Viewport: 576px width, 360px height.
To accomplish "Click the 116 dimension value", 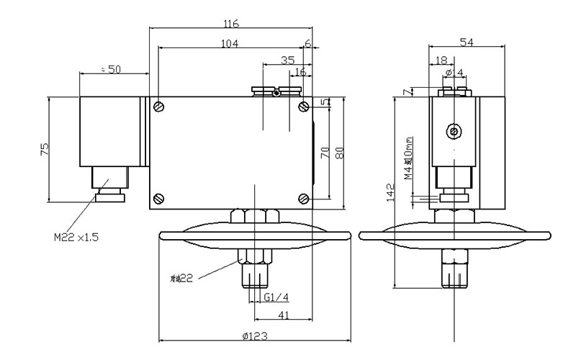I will click(x=231, y=24).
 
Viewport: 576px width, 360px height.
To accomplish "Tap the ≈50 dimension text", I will click(x=111, y=68).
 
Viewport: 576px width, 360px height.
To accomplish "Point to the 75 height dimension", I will click(x=45, y=149).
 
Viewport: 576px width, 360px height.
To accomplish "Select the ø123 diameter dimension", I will click(x=254, y=336).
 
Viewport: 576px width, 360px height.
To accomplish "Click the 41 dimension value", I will click(x=284, y=314).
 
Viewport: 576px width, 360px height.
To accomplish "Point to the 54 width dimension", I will click(x=467, y=43).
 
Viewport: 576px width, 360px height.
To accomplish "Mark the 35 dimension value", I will click(x=287, y=60).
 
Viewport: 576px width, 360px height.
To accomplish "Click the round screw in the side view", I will click(x=454, y=131).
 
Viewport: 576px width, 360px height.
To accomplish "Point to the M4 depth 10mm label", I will click(x=408, y=158).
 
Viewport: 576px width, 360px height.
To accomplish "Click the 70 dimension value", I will click(x=325, y=153).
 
